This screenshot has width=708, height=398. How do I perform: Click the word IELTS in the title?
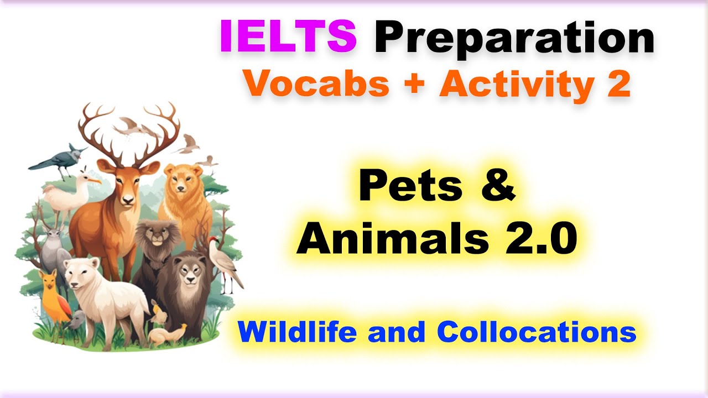click(x=288, y=36)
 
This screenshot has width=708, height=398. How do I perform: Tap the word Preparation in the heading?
click(x=514, y=38)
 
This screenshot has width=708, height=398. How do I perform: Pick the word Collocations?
click(x=536, y=332)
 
